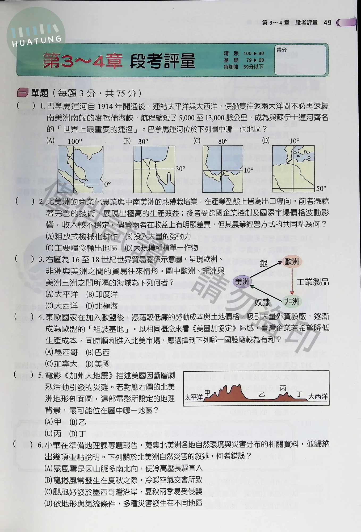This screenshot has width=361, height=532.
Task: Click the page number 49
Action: (x=328, y=23)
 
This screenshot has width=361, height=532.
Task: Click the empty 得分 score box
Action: (x=300, y=60)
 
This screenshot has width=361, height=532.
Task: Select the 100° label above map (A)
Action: (x=75, y=141)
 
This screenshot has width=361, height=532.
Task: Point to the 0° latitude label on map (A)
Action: (x=107, y=184)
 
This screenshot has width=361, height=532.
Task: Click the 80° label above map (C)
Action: (x=223, y=141)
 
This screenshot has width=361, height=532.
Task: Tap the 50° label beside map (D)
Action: (x=321, y=189)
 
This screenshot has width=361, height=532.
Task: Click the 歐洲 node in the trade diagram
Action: (x=292, y=262)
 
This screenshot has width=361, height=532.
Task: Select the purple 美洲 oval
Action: (x=242, y=281)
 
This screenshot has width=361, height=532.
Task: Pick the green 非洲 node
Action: (x=292, y=301)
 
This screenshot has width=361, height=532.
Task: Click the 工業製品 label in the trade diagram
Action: (x=313, y=282)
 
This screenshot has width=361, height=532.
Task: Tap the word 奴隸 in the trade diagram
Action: (x=262, y=302)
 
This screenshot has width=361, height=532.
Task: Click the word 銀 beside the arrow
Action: (x=263, y=263)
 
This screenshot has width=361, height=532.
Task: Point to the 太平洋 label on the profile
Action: (x=194, y=397)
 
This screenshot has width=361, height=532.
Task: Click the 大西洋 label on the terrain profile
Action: (x=318, y=397)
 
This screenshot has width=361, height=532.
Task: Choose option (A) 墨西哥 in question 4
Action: (x=61, y=352)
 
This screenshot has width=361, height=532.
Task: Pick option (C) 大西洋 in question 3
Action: (x=61, y=306)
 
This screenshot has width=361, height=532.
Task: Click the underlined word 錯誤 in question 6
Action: (x=238, y=456)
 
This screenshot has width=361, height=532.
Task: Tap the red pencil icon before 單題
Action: (x=23, y=93)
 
